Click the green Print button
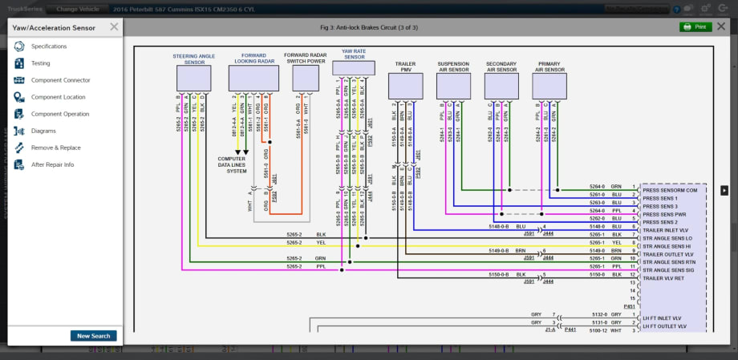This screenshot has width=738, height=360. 695,26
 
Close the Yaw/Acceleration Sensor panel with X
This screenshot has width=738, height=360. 114,26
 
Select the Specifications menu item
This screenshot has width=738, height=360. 49,47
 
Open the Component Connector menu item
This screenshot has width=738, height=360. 60,80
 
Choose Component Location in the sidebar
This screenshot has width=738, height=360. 58,97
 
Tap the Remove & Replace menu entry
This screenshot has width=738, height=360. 55,148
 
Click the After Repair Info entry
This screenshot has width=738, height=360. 52,164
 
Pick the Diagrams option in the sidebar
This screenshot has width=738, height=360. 43,131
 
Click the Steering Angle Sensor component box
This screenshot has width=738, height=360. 193,78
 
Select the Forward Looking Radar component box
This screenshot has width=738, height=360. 253,78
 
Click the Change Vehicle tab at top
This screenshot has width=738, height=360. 77,8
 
